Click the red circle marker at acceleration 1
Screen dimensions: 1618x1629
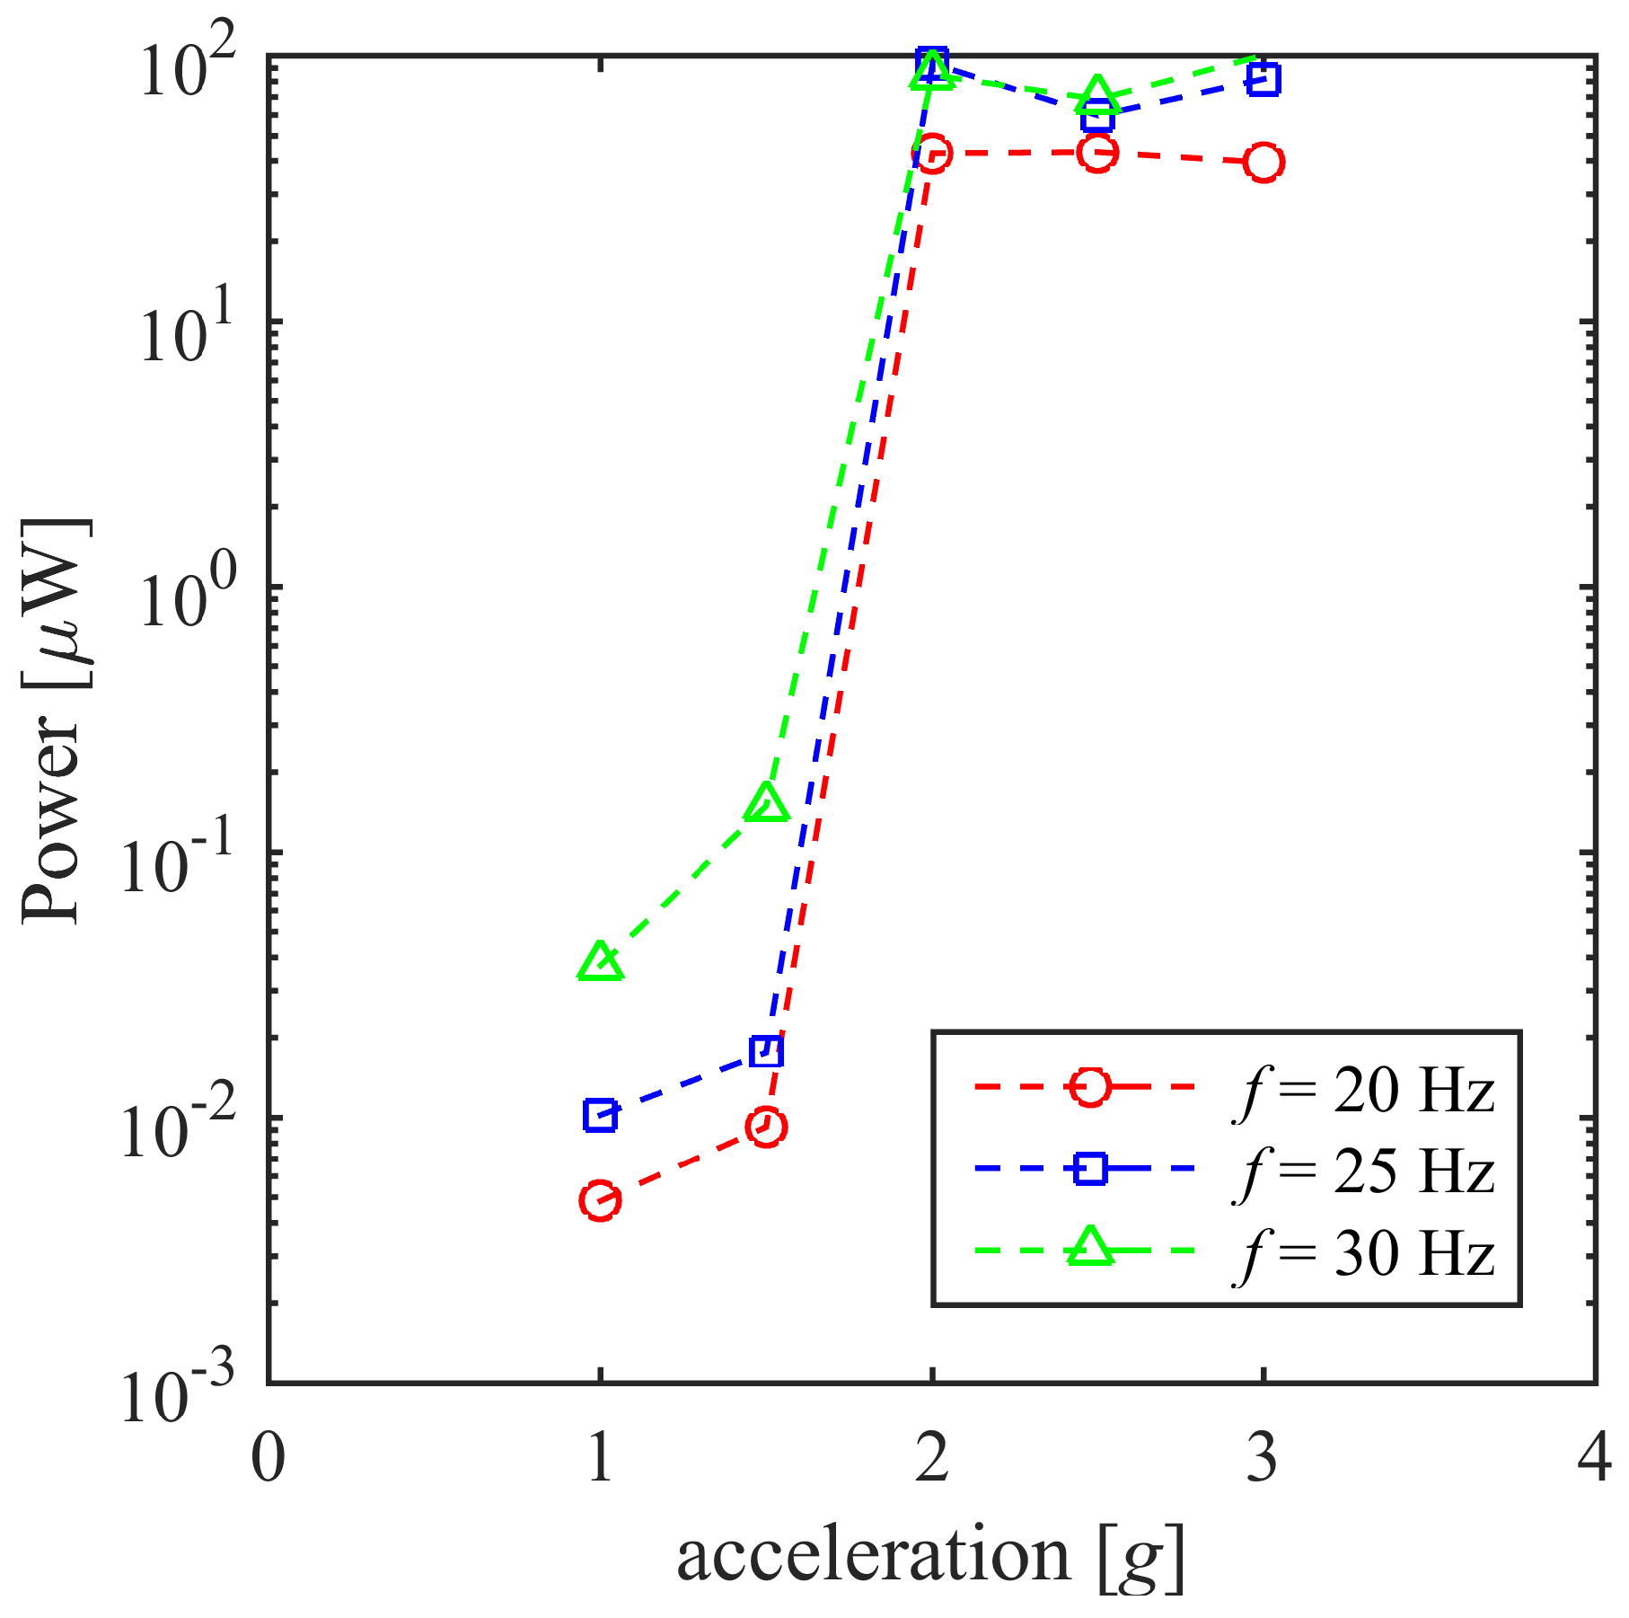pos(600,1200)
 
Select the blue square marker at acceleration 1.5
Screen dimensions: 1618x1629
pos(766,1050)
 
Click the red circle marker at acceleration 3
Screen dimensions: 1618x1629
pos(1264,162)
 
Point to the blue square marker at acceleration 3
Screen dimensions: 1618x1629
pos(1264,79)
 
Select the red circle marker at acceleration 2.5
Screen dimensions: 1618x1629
pos(1097,153)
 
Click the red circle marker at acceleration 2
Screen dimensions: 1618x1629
pos(932,154)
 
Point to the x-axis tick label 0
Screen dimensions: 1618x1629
pos(268,1458)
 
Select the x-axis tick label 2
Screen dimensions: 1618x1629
pos(932,1458)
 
